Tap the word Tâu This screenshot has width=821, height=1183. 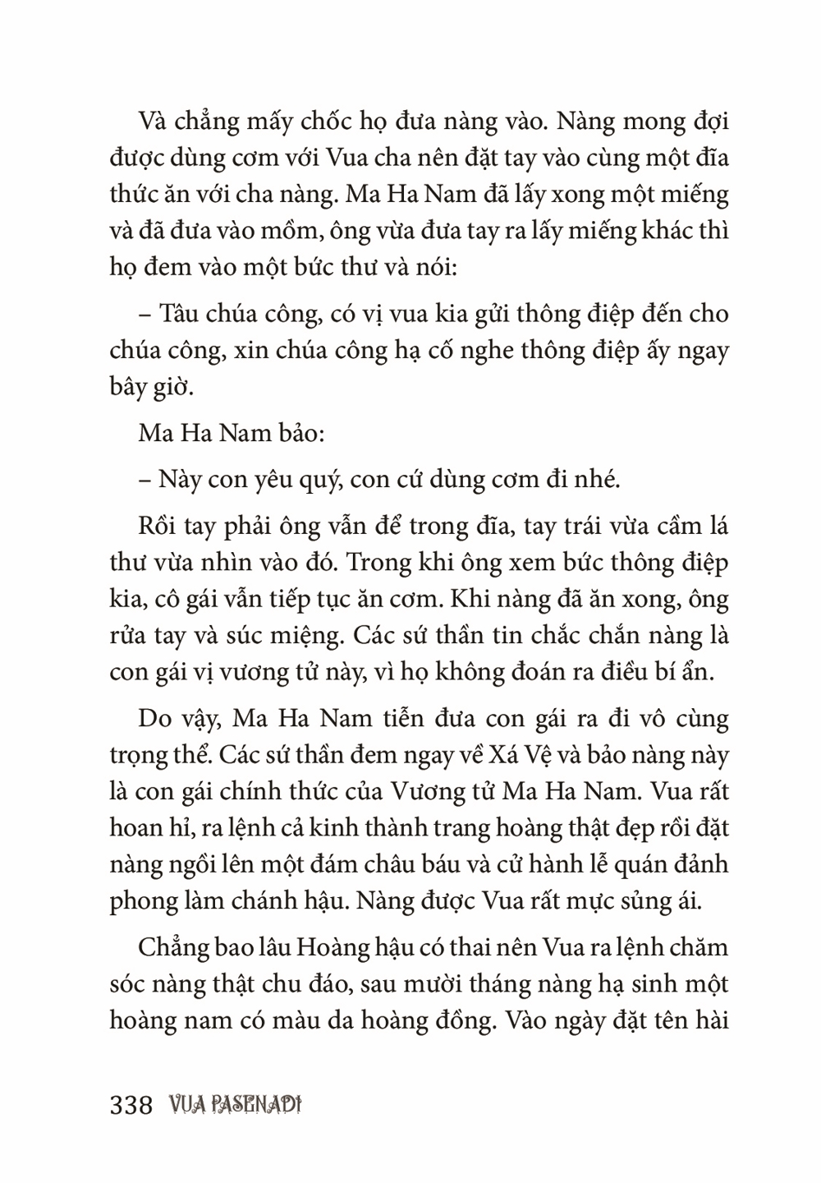(179, 315)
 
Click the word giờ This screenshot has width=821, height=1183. (171, 388)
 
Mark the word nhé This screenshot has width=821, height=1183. (594, 479)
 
